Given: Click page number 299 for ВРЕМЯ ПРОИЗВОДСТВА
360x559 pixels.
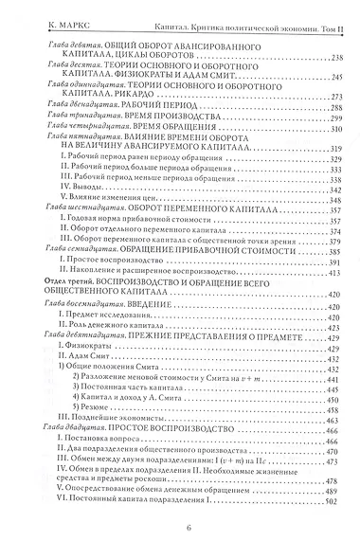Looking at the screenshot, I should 331,118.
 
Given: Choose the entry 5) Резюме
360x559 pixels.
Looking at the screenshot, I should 114,405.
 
